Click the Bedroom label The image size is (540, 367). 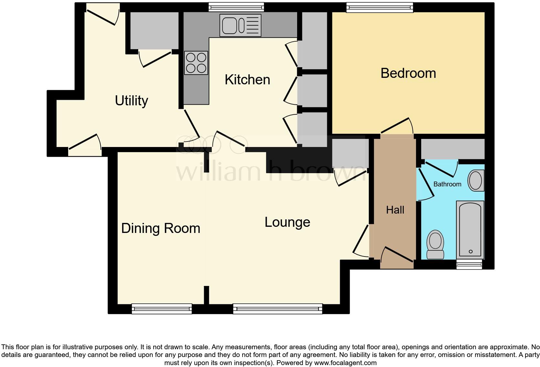tap(408, 73)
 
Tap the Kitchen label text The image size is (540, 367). tap(247, 80)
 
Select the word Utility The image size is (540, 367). tap(131, 101)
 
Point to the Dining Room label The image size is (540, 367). tap(161, 228)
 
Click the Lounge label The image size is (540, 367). tap(287, 222)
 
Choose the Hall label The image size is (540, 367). tap(395, 210)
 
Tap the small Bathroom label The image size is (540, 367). tap(447, 184)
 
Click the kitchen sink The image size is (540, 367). tap(240, 25)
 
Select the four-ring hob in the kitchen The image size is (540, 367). tap(196, 63)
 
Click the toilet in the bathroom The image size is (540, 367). tap(435, 244)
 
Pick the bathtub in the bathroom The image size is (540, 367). tap(470, 229)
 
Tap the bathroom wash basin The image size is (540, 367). tap(475, 180)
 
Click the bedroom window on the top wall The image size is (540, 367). tap(379, 7)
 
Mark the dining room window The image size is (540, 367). tap(162, 309)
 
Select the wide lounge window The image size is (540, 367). tap(278, 309)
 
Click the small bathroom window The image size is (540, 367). tap(469, 265)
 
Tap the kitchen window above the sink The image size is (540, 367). tap(236, 7)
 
